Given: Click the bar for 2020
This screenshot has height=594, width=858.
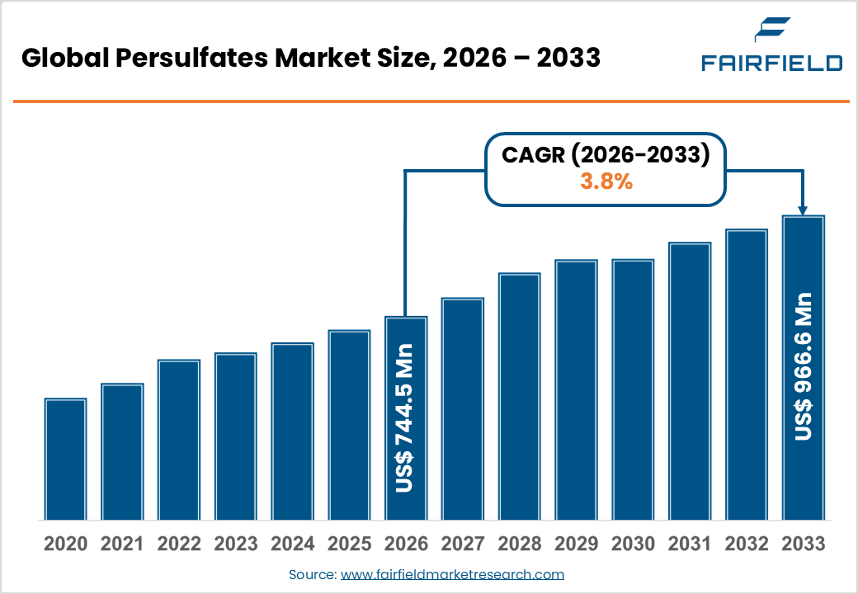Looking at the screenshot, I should tap(65, 459).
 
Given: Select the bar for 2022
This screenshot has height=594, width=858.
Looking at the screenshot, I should tap(179, 440).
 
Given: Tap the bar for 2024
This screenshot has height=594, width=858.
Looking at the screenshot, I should tap(292, 431).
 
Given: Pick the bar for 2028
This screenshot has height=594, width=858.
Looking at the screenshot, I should tap(519, 396).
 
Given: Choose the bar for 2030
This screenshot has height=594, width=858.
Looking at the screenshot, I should tap(633, 389).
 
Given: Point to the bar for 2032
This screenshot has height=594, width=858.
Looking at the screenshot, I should tap(746, 375).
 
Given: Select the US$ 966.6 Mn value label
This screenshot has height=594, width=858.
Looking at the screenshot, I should tap(803, 366).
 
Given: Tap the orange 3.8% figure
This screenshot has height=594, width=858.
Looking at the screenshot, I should tap(606, 182).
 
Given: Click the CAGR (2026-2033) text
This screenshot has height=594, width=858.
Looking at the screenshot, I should tap(606, 155).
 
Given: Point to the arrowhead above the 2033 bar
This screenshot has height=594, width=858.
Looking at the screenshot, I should tap(803, 210).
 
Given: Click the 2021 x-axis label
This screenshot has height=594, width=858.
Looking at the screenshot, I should tap(122, 544).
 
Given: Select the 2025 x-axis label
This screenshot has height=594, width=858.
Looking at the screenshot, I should tap(349, 544).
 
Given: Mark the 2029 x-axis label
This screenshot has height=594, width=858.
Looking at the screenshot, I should tap(576, 544).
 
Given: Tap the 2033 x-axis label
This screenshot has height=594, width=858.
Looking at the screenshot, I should tap(803, 544).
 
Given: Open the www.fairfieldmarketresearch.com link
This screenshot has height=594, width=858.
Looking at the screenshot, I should tap(452, 574).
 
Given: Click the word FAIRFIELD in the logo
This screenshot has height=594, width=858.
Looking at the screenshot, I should tap(771, 63).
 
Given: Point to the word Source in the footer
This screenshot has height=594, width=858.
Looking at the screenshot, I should tap(312, 574).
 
